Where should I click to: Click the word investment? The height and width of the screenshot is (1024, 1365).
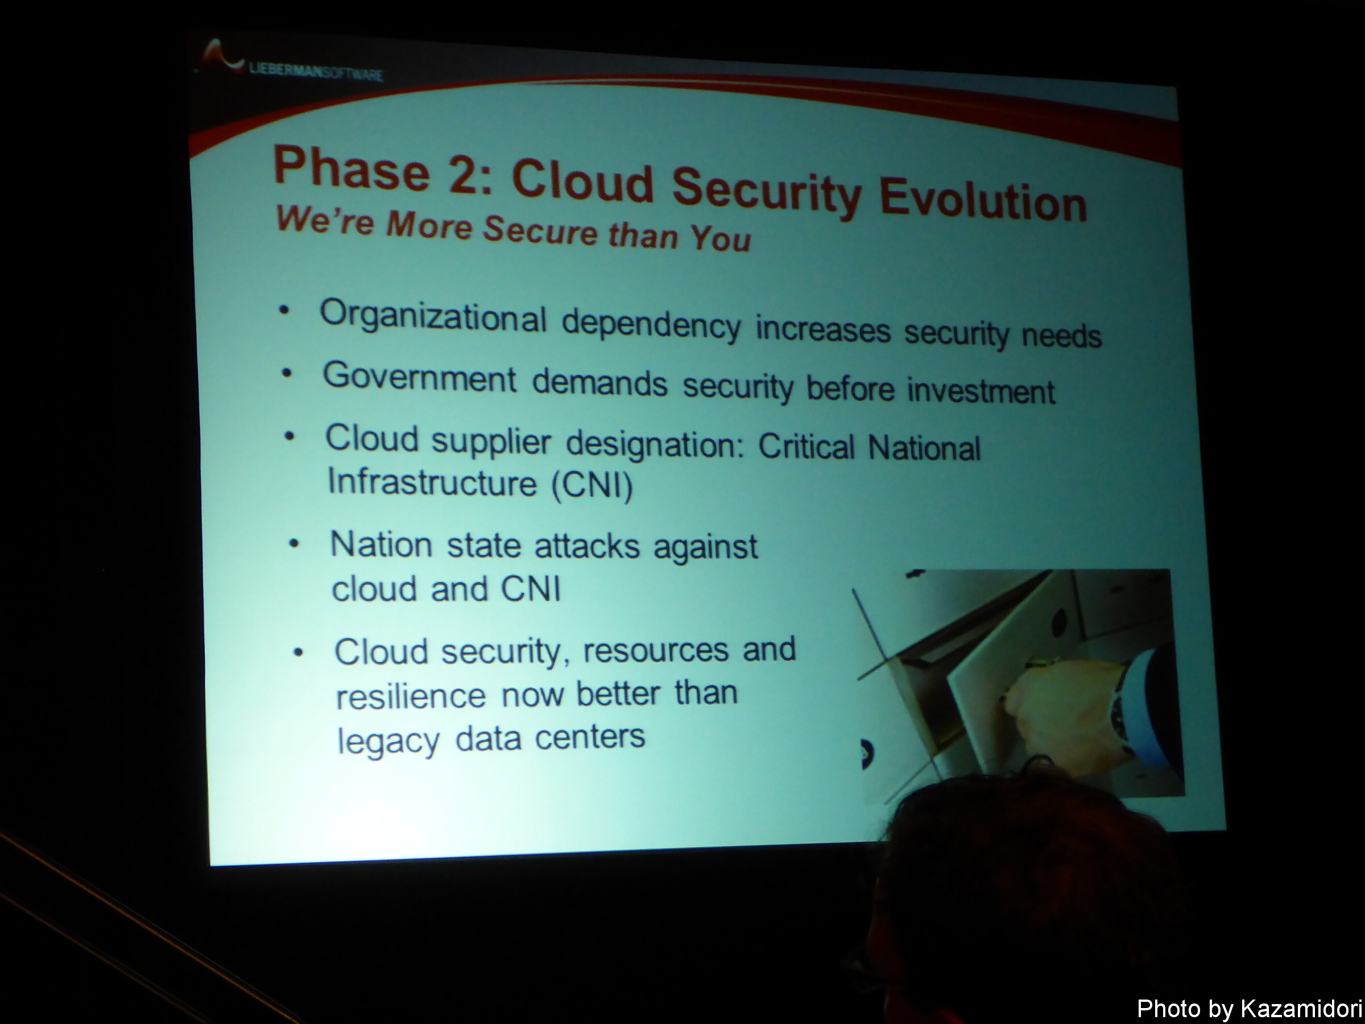coord(981,391)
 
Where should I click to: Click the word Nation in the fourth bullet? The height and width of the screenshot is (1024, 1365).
coord(380,544)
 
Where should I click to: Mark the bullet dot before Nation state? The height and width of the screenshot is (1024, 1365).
coord(295,544)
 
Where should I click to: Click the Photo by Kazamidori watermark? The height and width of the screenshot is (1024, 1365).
coord(1249,1009)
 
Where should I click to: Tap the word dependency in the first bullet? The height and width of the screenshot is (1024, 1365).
coord(651,325)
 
